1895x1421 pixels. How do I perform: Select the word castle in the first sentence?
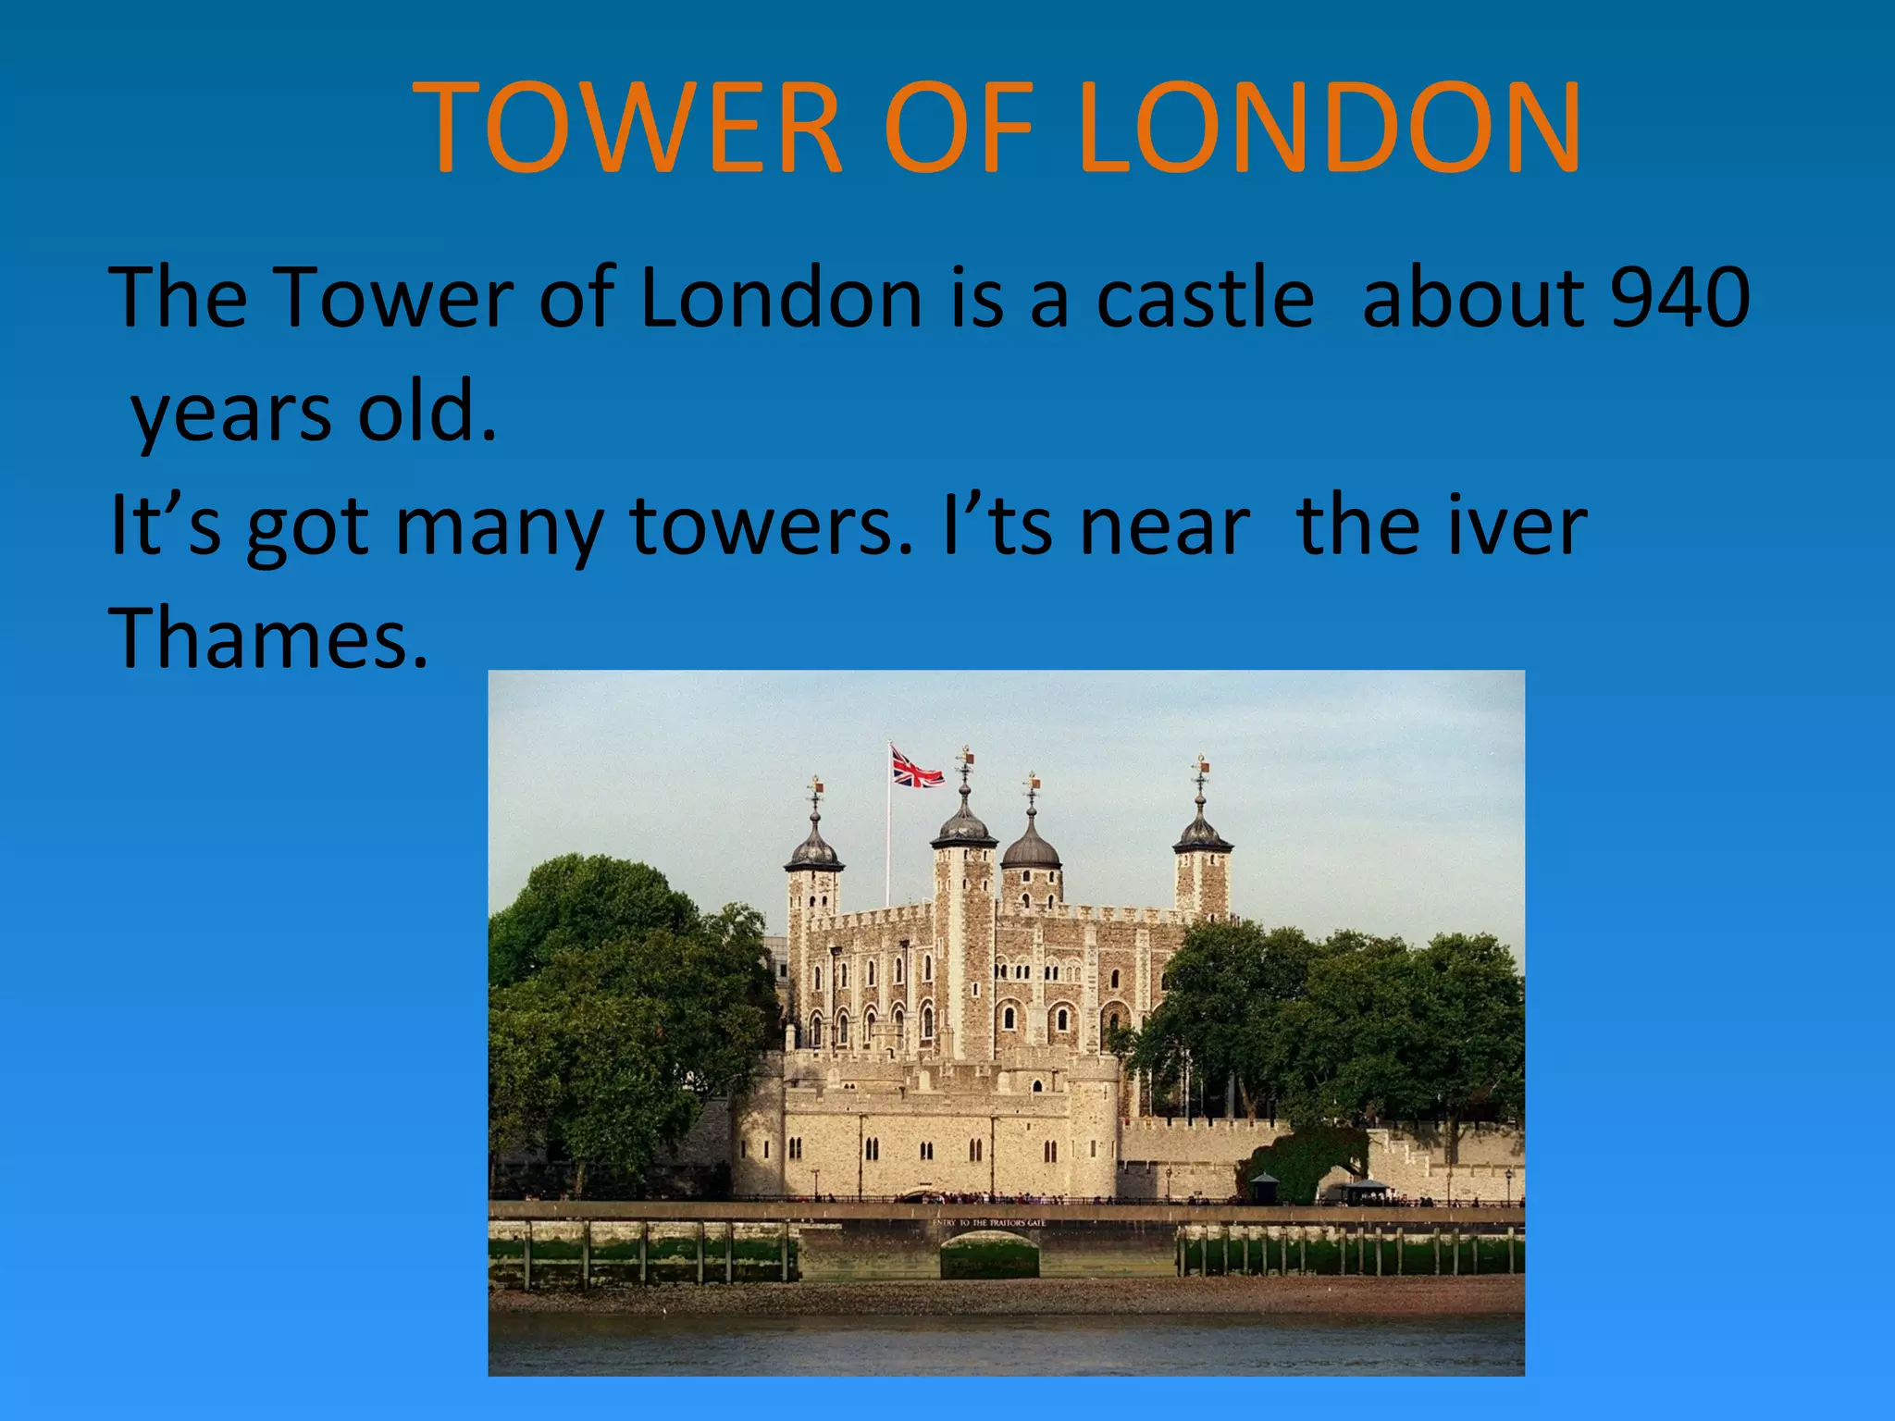(1205, 298)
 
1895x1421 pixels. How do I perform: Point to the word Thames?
(268, 638)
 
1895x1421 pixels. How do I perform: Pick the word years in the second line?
(231, 414)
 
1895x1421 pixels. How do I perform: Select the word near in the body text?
(1166, 527)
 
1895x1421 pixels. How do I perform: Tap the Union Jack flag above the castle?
(916, 768)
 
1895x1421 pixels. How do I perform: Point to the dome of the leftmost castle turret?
(814, 851)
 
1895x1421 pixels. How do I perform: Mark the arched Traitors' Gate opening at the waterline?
(989, 1258)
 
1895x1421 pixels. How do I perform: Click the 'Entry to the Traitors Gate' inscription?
(989, 1223)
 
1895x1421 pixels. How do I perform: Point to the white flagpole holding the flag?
(889, 833)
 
